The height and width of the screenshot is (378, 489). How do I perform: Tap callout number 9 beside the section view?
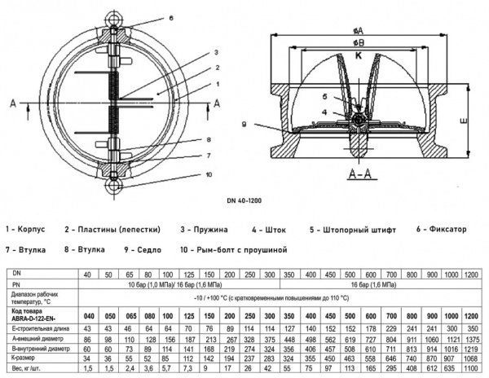244,124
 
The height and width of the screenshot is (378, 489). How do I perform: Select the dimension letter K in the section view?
359,57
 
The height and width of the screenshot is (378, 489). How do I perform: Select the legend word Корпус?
35,230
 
